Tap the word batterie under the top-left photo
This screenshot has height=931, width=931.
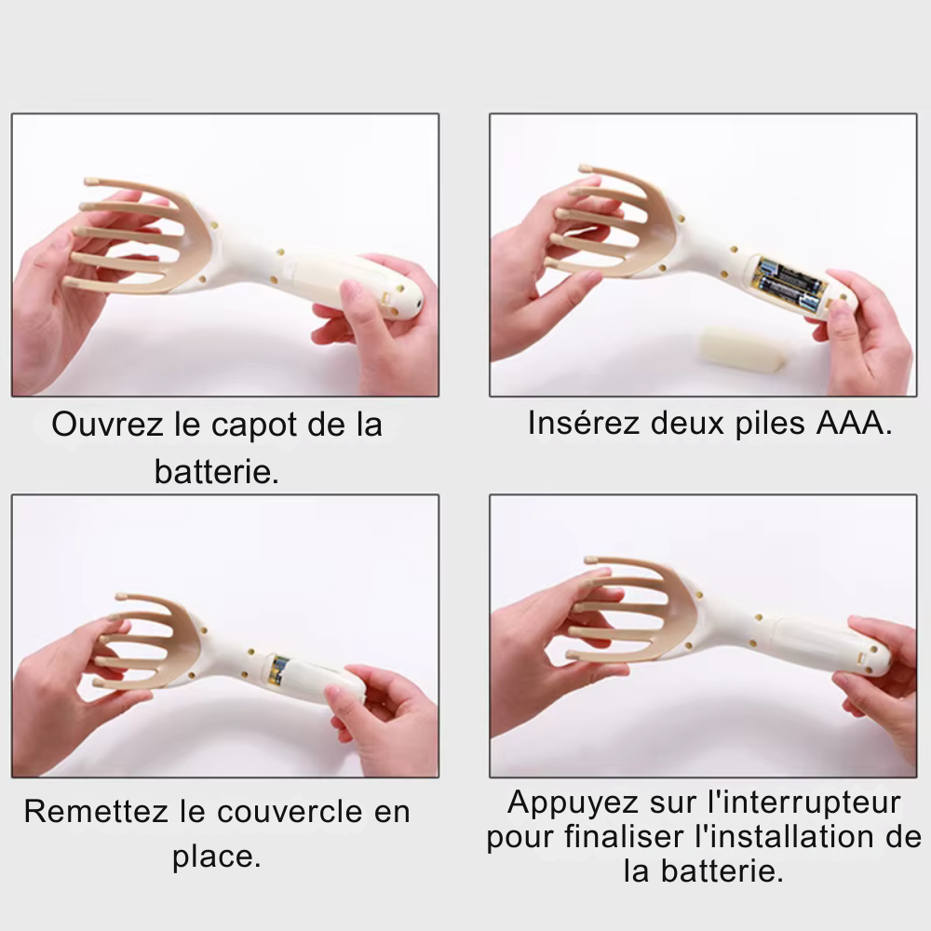click(217, 472)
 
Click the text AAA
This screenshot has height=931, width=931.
click(856, 424)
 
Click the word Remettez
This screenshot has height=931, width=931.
click(97, 812)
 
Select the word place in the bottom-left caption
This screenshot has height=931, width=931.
click(216, 857)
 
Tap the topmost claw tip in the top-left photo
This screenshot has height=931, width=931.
click(92, 182)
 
